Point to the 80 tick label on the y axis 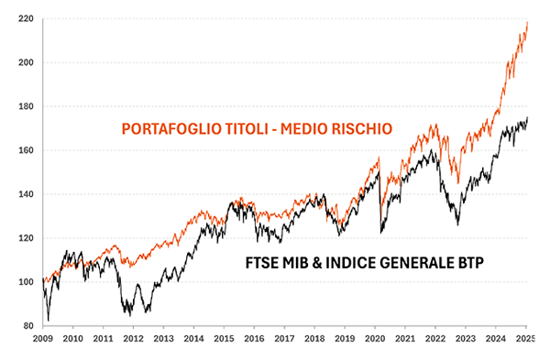27,326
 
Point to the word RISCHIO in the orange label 360,130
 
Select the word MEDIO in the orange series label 302,130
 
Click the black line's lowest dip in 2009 49,320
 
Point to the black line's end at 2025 528,118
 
